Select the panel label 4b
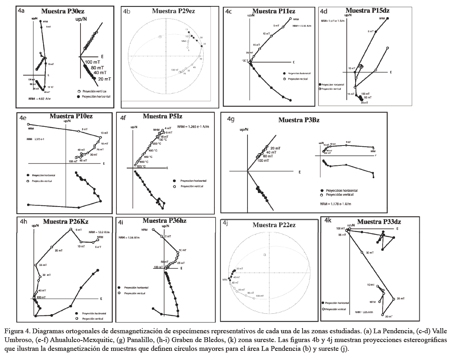click(x=126, y=12)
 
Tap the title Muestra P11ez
click(x=273, y=11)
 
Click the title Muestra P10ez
click(x=71, y=116)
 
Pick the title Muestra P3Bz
click(x=299, y=120)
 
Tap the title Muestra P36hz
click(x=164, y=220)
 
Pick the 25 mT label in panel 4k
click(x=400, y=299)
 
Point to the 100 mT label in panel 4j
click(x=259, y=296)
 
